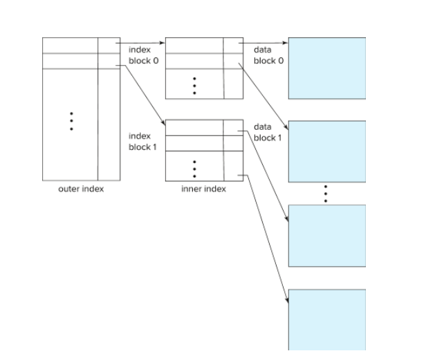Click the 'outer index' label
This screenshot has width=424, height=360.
coord(81,189)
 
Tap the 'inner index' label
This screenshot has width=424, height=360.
coord(203,189)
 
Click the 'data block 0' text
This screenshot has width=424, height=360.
coord(268,55)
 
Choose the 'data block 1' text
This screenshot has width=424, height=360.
coord(268,132)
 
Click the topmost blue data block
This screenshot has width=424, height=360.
coord(326,68)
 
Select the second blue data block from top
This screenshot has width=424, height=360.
coord(326,151)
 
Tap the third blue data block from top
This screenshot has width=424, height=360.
coord(326,236)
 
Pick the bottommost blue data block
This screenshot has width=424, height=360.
coord(326,319)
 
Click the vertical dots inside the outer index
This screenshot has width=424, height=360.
coord(71,122)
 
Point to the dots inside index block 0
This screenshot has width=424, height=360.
coord(195,85)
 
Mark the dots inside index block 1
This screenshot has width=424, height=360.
coord(195,169)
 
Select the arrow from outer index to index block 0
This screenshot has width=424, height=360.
coord(142,43)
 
